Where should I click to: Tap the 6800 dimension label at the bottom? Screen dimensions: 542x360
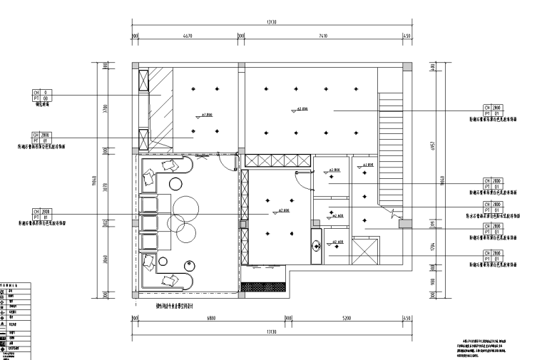pos(211,319)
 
